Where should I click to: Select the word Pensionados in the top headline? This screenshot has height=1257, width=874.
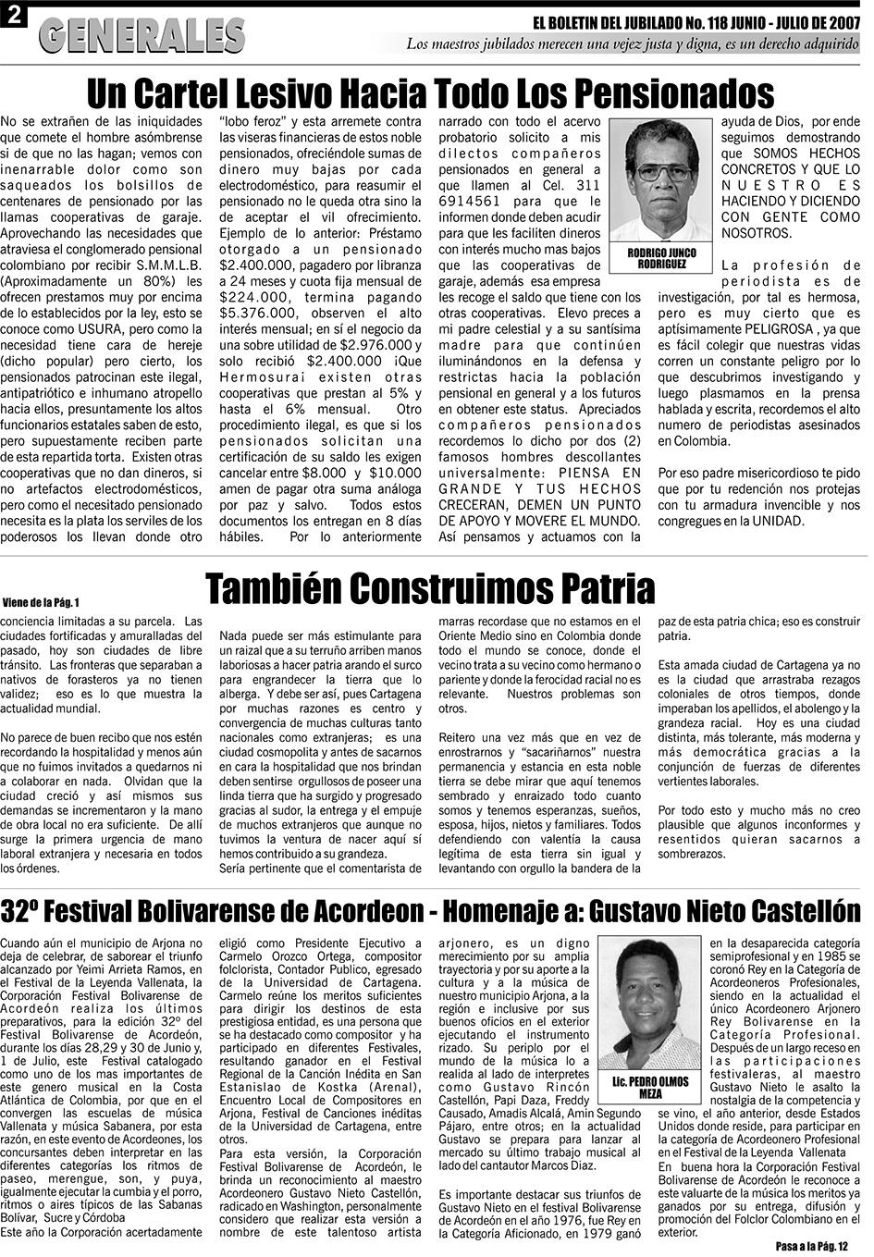pos(671,92)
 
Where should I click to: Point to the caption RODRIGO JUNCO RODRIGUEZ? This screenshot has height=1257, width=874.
pos(661,258)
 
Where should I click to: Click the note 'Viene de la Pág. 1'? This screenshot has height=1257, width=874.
pos(41,602)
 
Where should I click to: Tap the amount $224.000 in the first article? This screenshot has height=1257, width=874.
pos(253,298)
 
